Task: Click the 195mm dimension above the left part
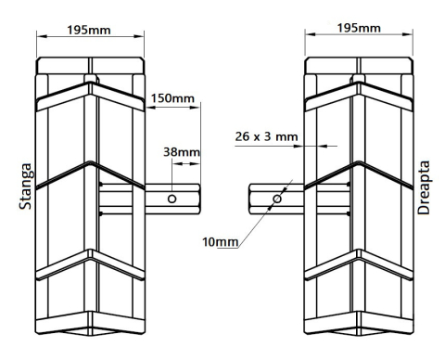coord(90,30)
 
